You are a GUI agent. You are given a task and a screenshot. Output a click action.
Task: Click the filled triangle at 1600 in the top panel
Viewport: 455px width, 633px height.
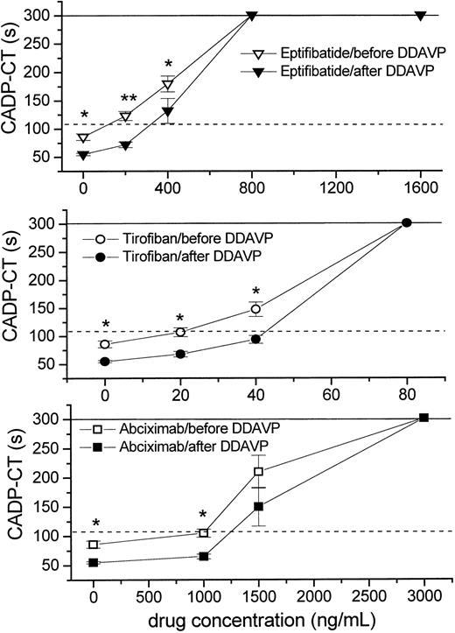421,16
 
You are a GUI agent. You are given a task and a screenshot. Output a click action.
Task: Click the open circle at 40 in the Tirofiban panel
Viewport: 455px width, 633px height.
255,309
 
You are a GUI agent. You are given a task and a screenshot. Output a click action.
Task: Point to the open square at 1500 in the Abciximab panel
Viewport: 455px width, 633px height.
258,472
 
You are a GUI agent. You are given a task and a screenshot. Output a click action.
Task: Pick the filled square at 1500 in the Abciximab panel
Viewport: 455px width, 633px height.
258,506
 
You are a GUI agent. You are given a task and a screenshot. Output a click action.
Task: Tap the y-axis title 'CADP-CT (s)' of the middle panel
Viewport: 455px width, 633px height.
15,296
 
